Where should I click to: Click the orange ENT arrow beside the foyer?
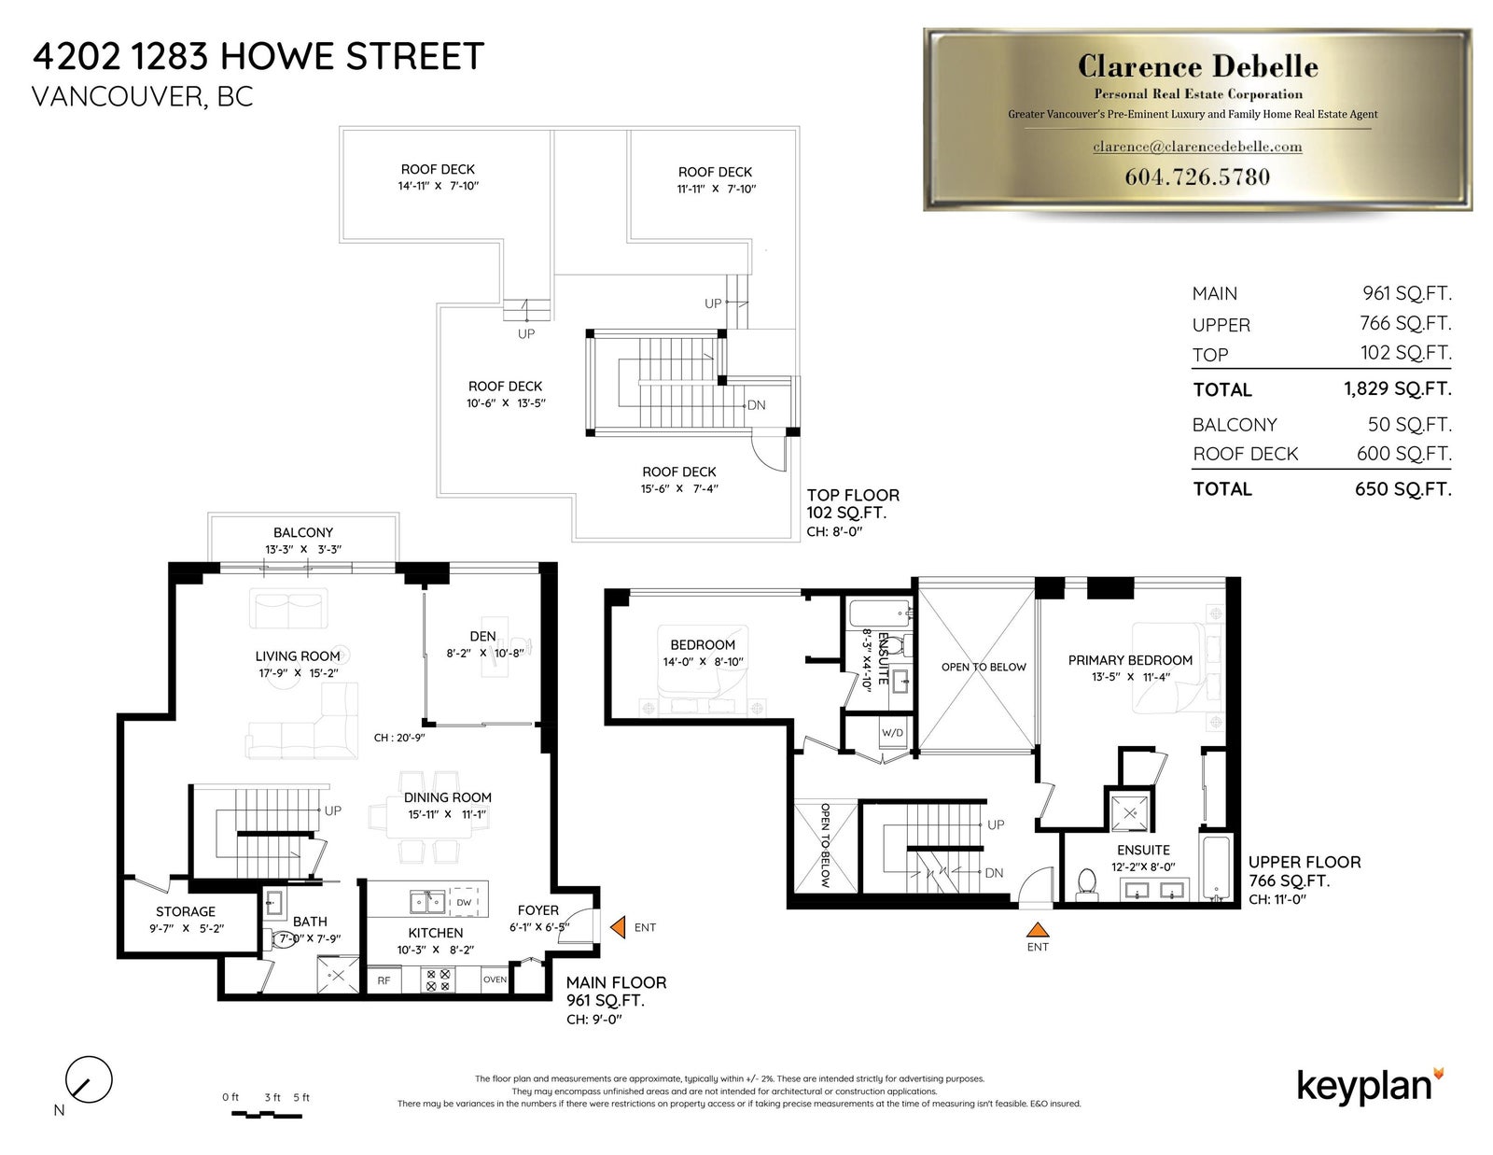click(618, 927)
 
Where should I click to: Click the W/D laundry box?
click(892, 732)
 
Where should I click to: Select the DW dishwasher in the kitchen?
click(464, 902)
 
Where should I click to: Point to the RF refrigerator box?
click(384, 980)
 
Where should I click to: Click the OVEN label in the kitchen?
click(495, 979)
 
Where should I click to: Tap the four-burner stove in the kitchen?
click(438, 980)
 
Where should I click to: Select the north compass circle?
click(89, 1079)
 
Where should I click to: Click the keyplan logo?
click(1370, 1088)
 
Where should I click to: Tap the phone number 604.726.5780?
click(1197, 176)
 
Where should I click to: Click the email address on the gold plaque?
click(1197, 147)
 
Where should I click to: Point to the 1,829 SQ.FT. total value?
click(1398, 388)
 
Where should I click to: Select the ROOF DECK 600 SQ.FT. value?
click(1403, 453)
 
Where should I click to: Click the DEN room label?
click(483, 637)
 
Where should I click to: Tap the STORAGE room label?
click(186, 911)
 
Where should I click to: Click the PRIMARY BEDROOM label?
click(1130, 660)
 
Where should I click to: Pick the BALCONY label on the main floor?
click(303, 532)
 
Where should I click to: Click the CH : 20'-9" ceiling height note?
click(399, 738)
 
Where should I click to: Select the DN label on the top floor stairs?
click(756, 405)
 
